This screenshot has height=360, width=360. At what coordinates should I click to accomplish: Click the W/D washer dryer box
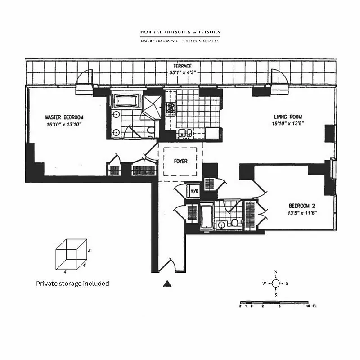pos(194,191)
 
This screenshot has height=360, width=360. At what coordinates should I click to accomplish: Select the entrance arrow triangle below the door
pos(167,283)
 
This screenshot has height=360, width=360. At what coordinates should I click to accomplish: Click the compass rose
pos(276,283)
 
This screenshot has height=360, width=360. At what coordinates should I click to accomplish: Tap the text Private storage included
pos(72,283)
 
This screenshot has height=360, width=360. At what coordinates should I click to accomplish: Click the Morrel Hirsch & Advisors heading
pos(180,32)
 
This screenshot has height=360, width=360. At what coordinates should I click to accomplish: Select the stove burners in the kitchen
pos(171,108)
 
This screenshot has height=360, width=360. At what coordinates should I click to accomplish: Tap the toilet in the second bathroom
pos(234,223)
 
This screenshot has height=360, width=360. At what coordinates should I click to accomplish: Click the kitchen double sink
pos(185,133)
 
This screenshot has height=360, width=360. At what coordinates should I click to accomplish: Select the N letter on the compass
pos(276,272)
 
